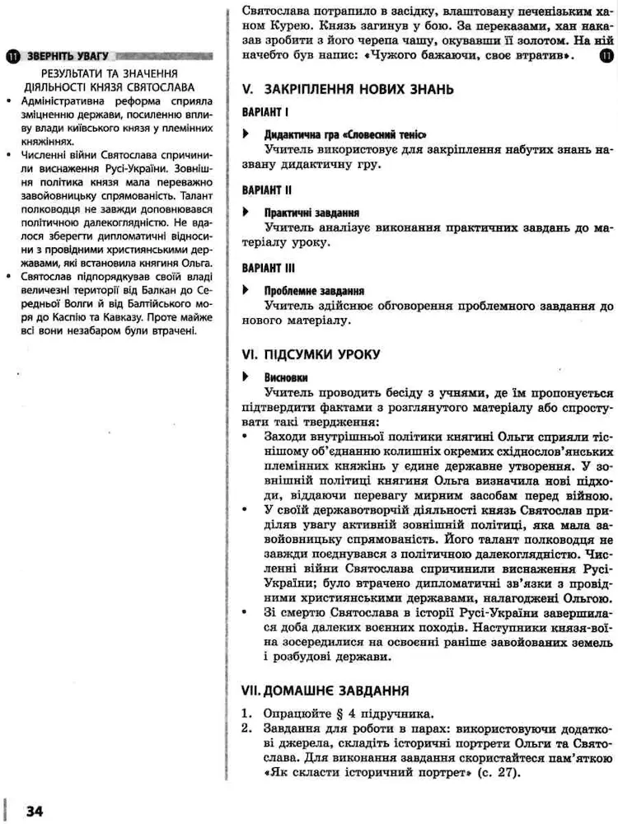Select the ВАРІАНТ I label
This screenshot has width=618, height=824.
[266, 111]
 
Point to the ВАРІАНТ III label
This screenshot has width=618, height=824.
[269, 268]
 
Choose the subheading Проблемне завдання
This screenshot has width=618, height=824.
[314, 291]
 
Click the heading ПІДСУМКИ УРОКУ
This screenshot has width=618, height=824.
[322, 354]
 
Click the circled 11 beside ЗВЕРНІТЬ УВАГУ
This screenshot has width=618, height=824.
[12, 57]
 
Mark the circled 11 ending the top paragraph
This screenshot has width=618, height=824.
[606, 56]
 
